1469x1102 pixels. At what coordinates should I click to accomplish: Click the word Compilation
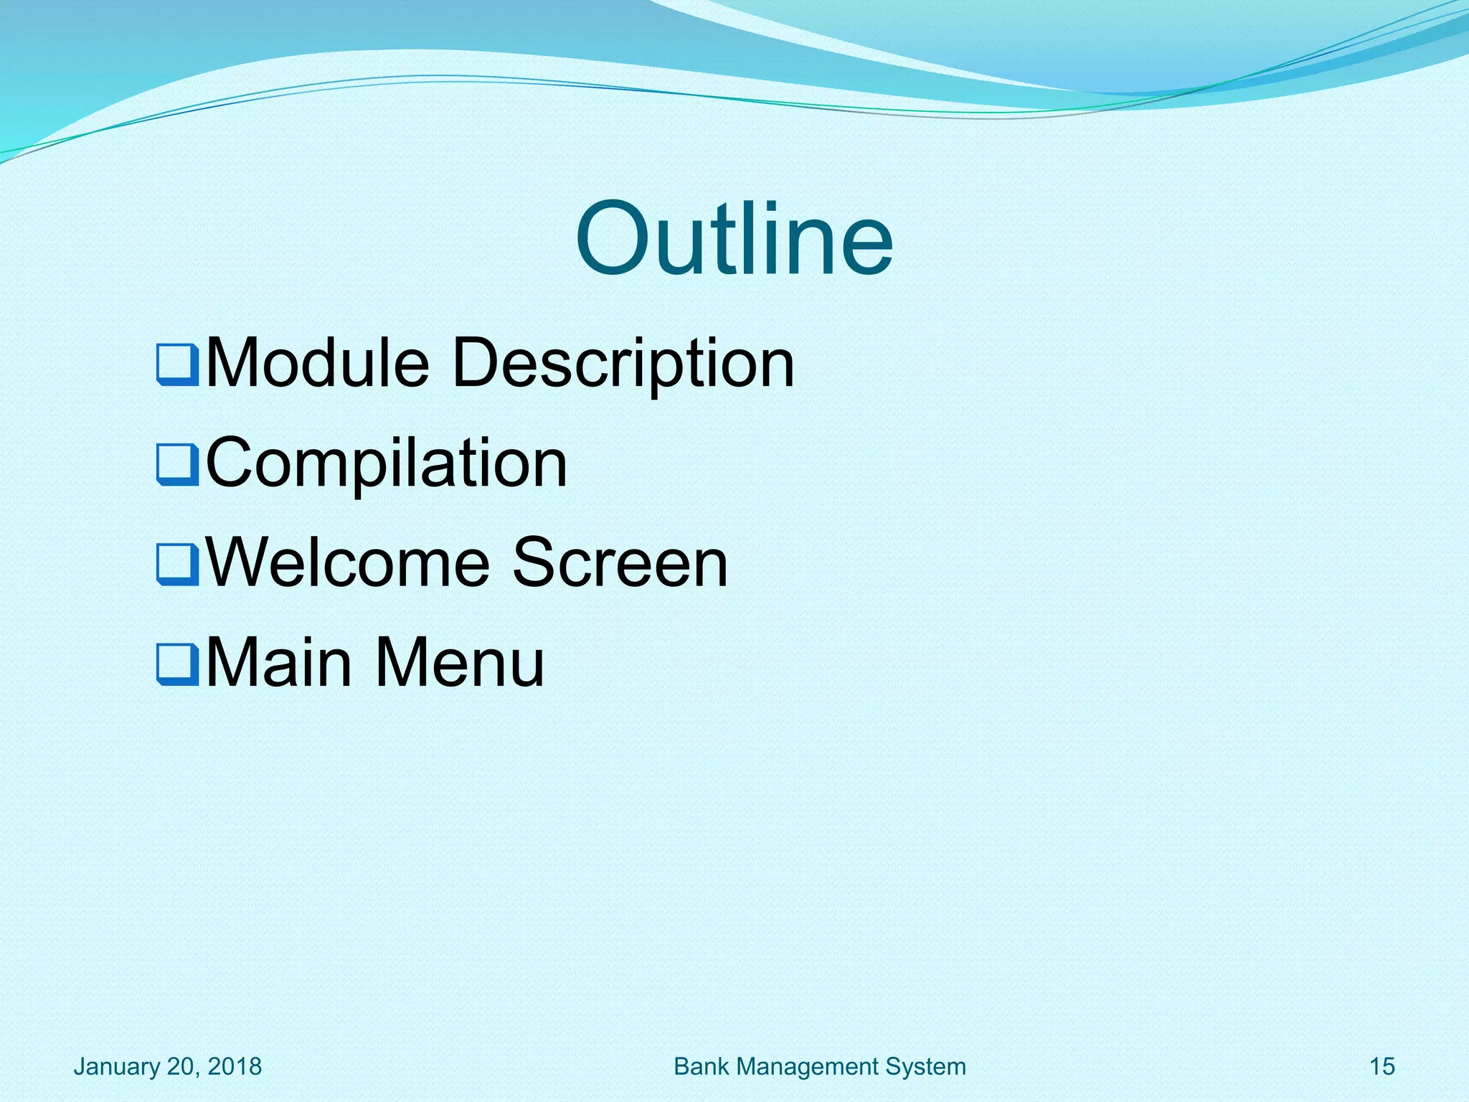point(387,463)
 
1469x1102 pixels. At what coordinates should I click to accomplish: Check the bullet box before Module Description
point(177,365)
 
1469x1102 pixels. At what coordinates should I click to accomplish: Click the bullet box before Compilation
point(177,465)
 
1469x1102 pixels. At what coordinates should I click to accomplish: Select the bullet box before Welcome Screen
point(177,565)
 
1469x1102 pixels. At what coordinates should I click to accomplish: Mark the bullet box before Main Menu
point(177,664)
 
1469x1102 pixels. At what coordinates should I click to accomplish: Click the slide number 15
point(1382,1067)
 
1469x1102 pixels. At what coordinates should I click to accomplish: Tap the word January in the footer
point(117,1067)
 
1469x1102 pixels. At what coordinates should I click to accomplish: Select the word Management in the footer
point(808,1067)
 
